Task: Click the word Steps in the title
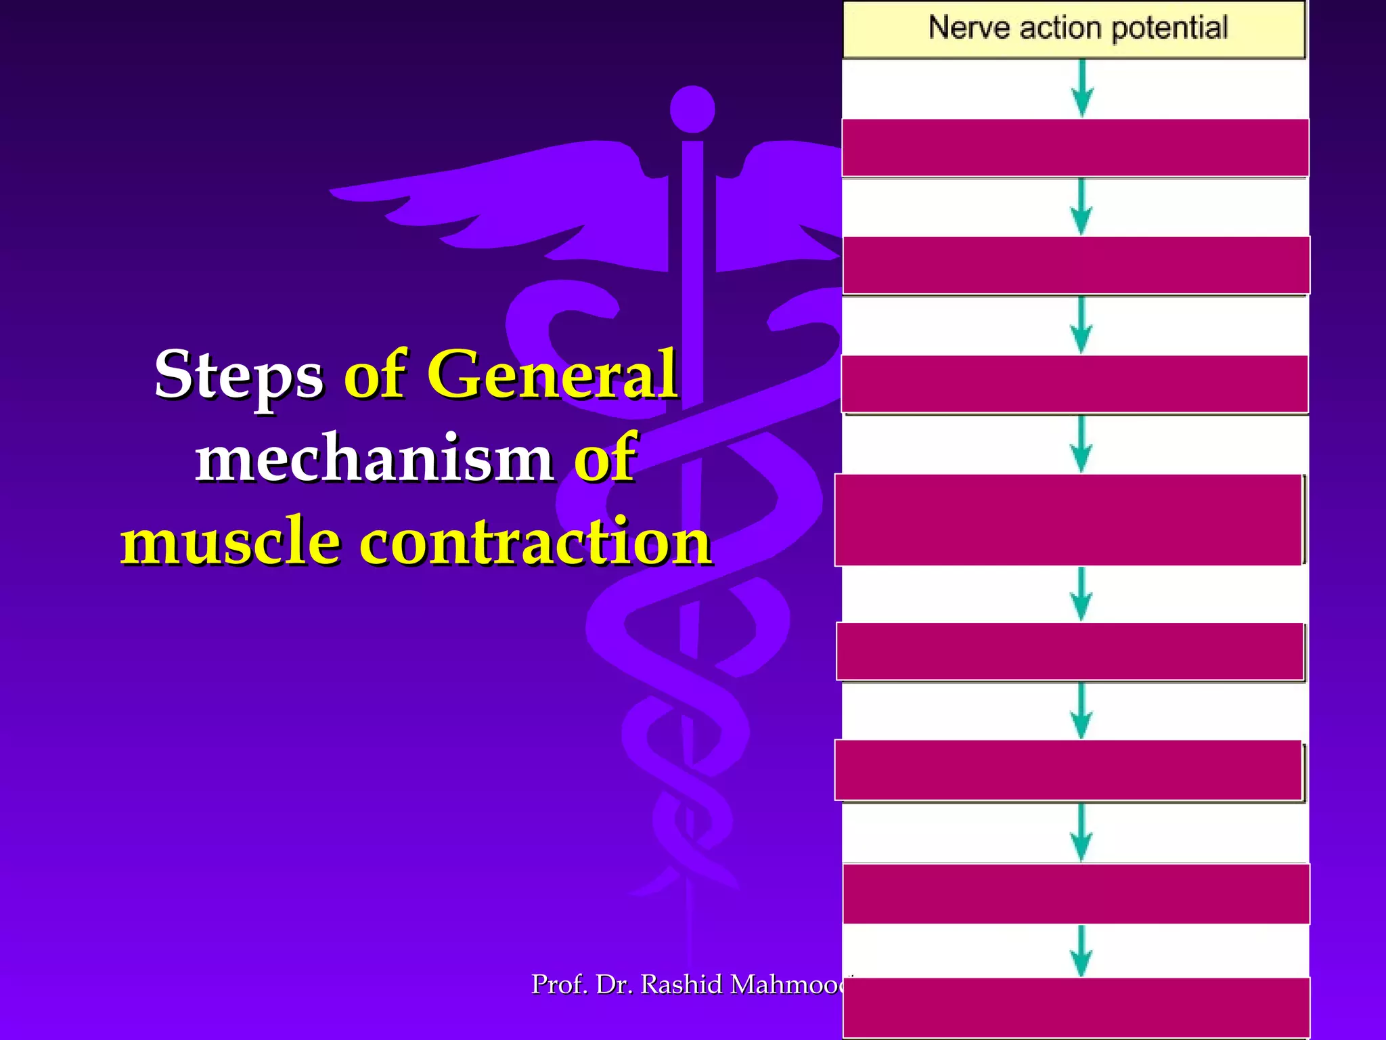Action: click(239, 375)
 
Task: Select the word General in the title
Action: click(552, 374)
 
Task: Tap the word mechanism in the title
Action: click(374, 458)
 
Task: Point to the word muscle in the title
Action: click(230, 542)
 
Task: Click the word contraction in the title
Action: click(535, 542)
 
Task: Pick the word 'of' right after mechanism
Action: click(605, 458)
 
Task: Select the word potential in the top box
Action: click(1169, 28)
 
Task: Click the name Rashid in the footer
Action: click(681, 984)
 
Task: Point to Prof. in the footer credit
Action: click(559, 984)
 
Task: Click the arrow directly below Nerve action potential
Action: click(1082, 89)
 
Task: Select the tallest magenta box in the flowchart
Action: click(1069, 520)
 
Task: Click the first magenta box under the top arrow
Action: click(1075, 148)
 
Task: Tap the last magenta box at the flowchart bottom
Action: click(1076, 1007)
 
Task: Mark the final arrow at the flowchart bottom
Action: click(1081, 951)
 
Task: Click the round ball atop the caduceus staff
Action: click(692, 109)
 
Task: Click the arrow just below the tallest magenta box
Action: click(1081, 594)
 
